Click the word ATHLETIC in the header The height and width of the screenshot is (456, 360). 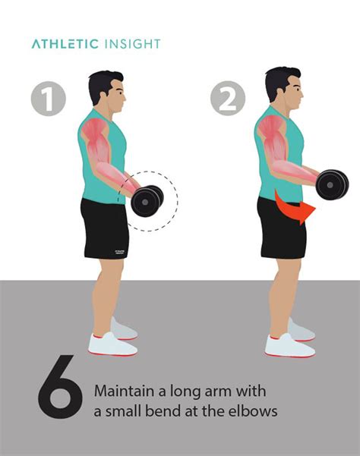(x=65, y=44)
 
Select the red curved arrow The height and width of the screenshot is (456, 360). (x=292, y=210)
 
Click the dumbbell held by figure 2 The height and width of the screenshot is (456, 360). (x=331, y=184)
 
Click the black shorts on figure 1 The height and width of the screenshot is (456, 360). (x=104, y=228)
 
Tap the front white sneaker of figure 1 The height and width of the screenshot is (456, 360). (x=110, y=344)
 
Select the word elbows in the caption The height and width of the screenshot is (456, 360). (x=251, y=411)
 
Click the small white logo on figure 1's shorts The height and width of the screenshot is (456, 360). (x=119, y=248)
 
